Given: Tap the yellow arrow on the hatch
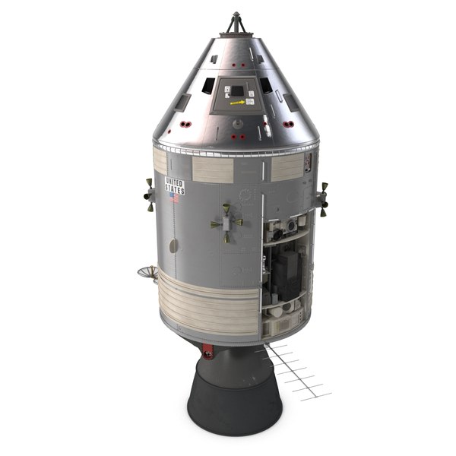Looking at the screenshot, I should coord(237,103).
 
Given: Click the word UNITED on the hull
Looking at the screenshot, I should coord(175,182).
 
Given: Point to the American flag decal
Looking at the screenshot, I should coord(175,198).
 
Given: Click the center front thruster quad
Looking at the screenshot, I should coord(226,222).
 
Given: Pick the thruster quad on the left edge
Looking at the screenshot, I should coord(149,195).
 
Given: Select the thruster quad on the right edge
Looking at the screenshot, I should coord(322,199).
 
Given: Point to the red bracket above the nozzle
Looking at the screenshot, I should coord(208,350).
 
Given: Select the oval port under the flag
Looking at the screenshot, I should coord(173,245).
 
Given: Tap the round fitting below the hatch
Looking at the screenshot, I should coord(238,123).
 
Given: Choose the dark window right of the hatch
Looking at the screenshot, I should coord(265,85).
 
